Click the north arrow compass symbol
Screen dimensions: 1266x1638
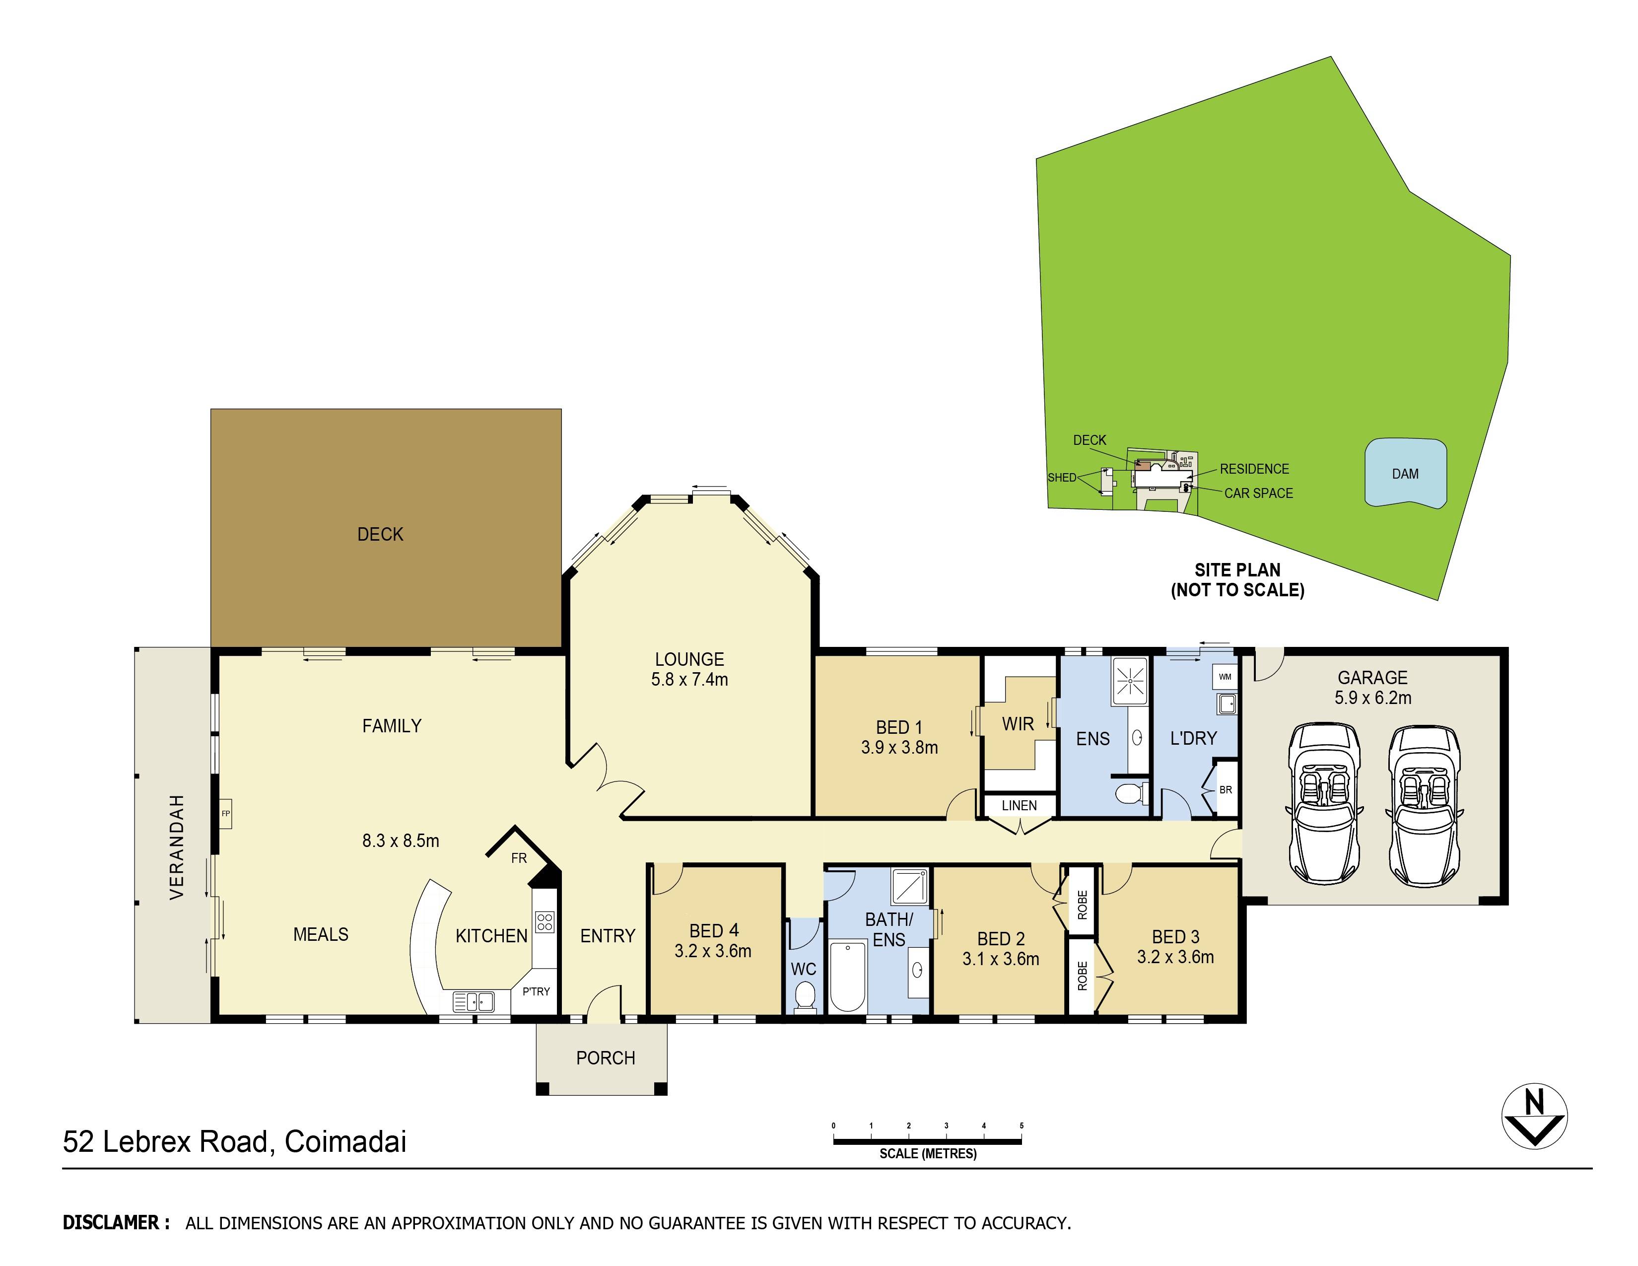tap(1534, 1116)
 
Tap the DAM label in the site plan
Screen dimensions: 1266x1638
tap(1405, 474)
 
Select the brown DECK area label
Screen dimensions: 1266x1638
tap(380, 534)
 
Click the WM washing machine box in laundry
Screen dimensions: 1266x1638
tap(1225, 677)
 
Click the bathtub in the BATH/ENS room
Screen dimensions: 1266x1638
tap(847, 976)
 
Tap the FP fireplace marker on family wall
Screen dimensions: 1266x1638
tap(225, 813)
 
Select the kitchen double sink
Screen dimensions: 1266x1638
tap(474, 1001)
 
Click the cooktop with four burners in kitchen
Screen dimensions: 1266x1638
tap(545, 922)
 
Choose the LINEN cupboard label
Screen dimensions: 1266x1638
tap(1019, 805)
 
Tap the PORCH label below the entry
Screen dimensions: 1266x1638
tap(605, 1058)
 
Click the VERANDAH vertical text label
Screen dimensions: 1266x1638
tap(176, 847)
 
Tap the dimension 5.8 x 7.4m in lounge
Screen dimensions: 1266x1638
tap(689, 680)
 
